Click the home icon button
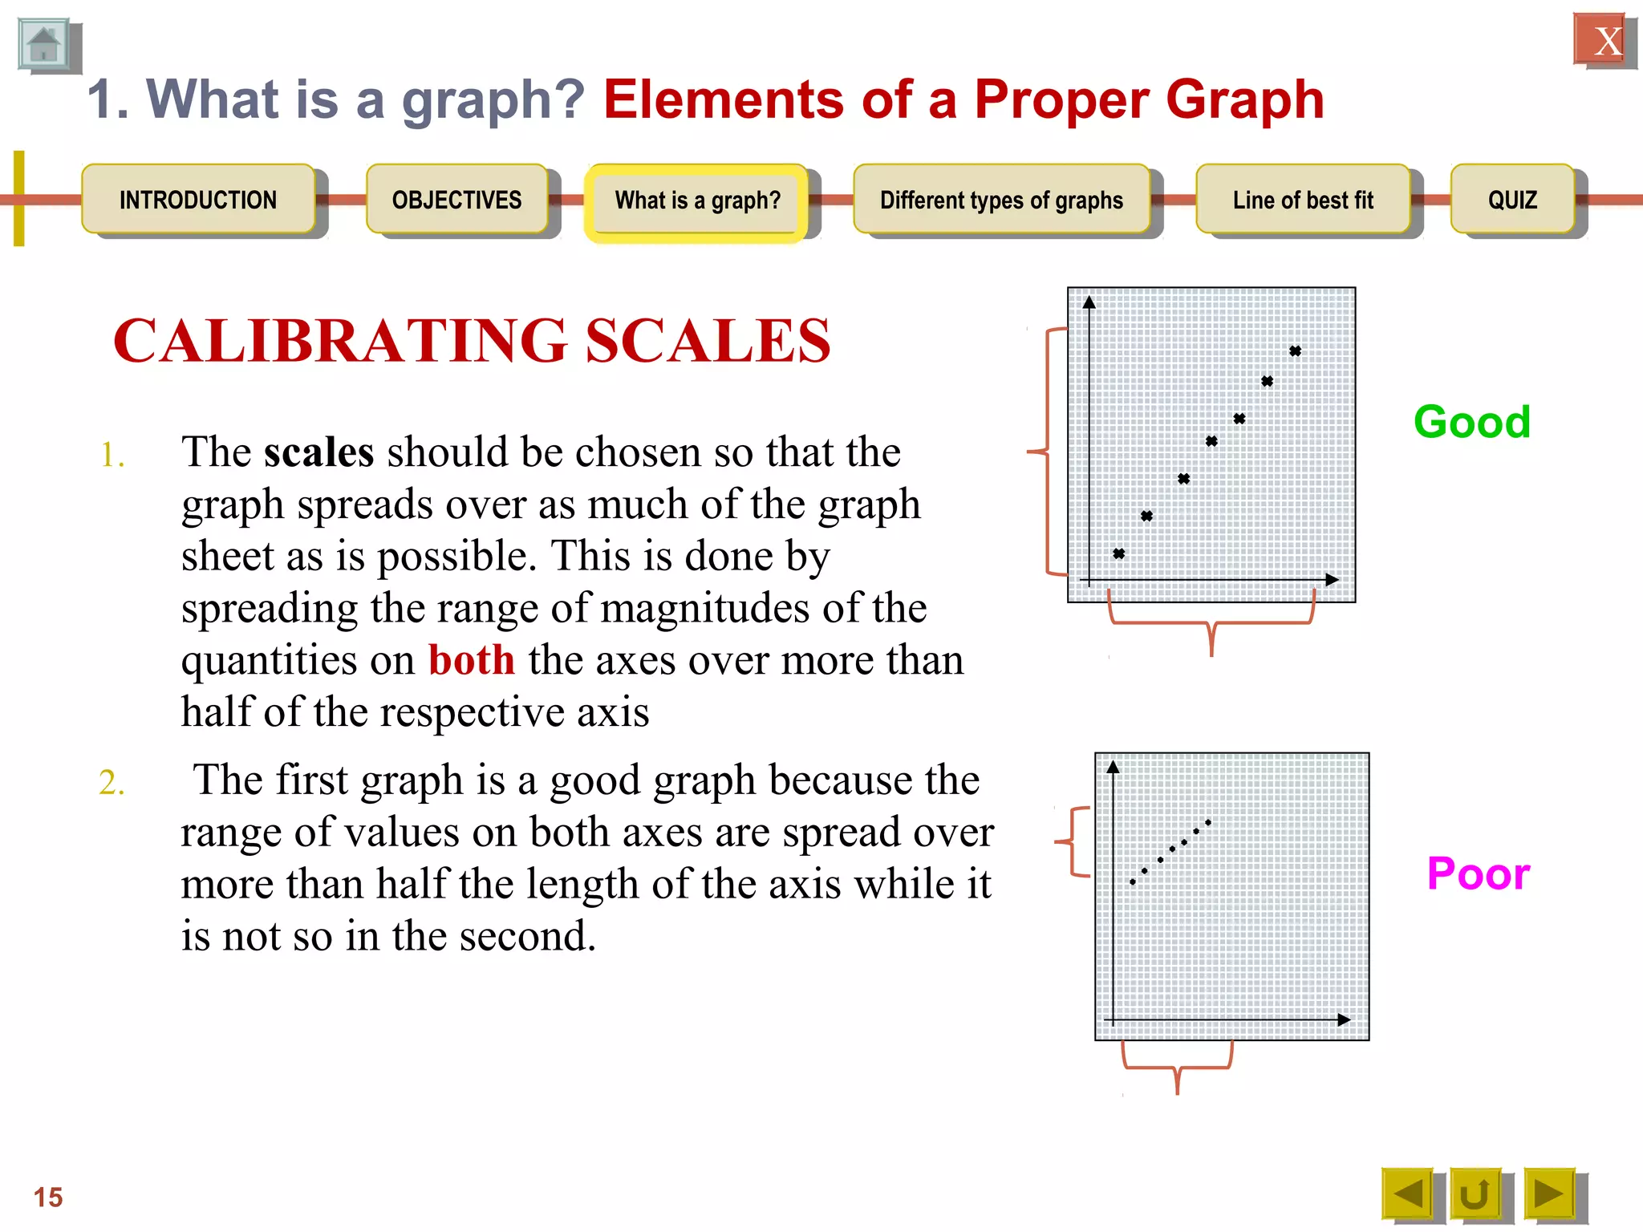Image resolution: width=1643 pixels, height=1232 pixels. [x=44, y=45]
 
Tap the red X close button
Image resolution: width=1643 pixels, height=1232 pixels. [x=1600, y=40]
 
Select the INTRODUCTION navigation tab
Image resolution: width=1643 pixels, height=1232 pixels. [x=198, y=200]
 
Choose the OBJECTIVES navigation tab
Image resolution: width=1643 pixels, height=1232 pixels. [x=456, y=200]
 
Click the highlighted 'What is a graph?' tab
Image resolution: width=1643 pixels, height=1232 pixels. [x=696, y=201]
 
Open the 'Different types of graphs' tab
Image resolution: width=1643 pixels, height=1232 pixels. [x=1001, y=200]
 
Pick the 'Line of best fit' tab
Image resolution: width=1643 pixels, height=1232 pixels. [x=1303, y=200]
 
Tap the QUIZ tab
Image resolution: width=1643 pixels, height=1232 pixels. [x=1512, y=200]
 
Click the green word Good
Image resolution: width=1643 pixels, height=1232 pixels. [x=1472, y=422]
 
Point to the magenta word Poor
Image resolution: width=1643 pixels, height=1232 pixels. [x=1478, y=873]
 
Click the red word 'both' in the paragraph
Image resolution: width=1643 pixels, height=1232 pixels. [x=471, y=660]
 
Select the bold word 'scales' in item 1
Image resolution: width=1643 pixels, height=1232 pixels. [x=318, y=452]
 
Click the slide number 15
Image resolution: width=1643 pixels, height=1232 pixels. [x=48, y=1197]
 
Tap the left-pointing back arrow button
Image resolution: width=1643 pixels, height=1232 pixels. [x=1407, y=1193]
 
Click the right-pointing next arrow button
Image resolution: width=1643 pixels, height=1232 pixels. [x=1548, y=1193]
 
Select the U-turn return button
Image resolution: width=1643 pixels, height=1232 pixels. [x=1475, y=1193]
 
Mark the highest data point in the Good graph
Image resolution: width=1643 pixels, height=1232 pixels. [x=1295, y=351]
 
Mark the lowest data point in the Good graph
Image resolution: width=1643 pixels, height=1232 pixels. [x=1118, y=553]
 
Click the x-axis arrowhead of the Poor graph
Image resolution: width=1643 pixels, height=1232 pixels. [x=1344, y=1020]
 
